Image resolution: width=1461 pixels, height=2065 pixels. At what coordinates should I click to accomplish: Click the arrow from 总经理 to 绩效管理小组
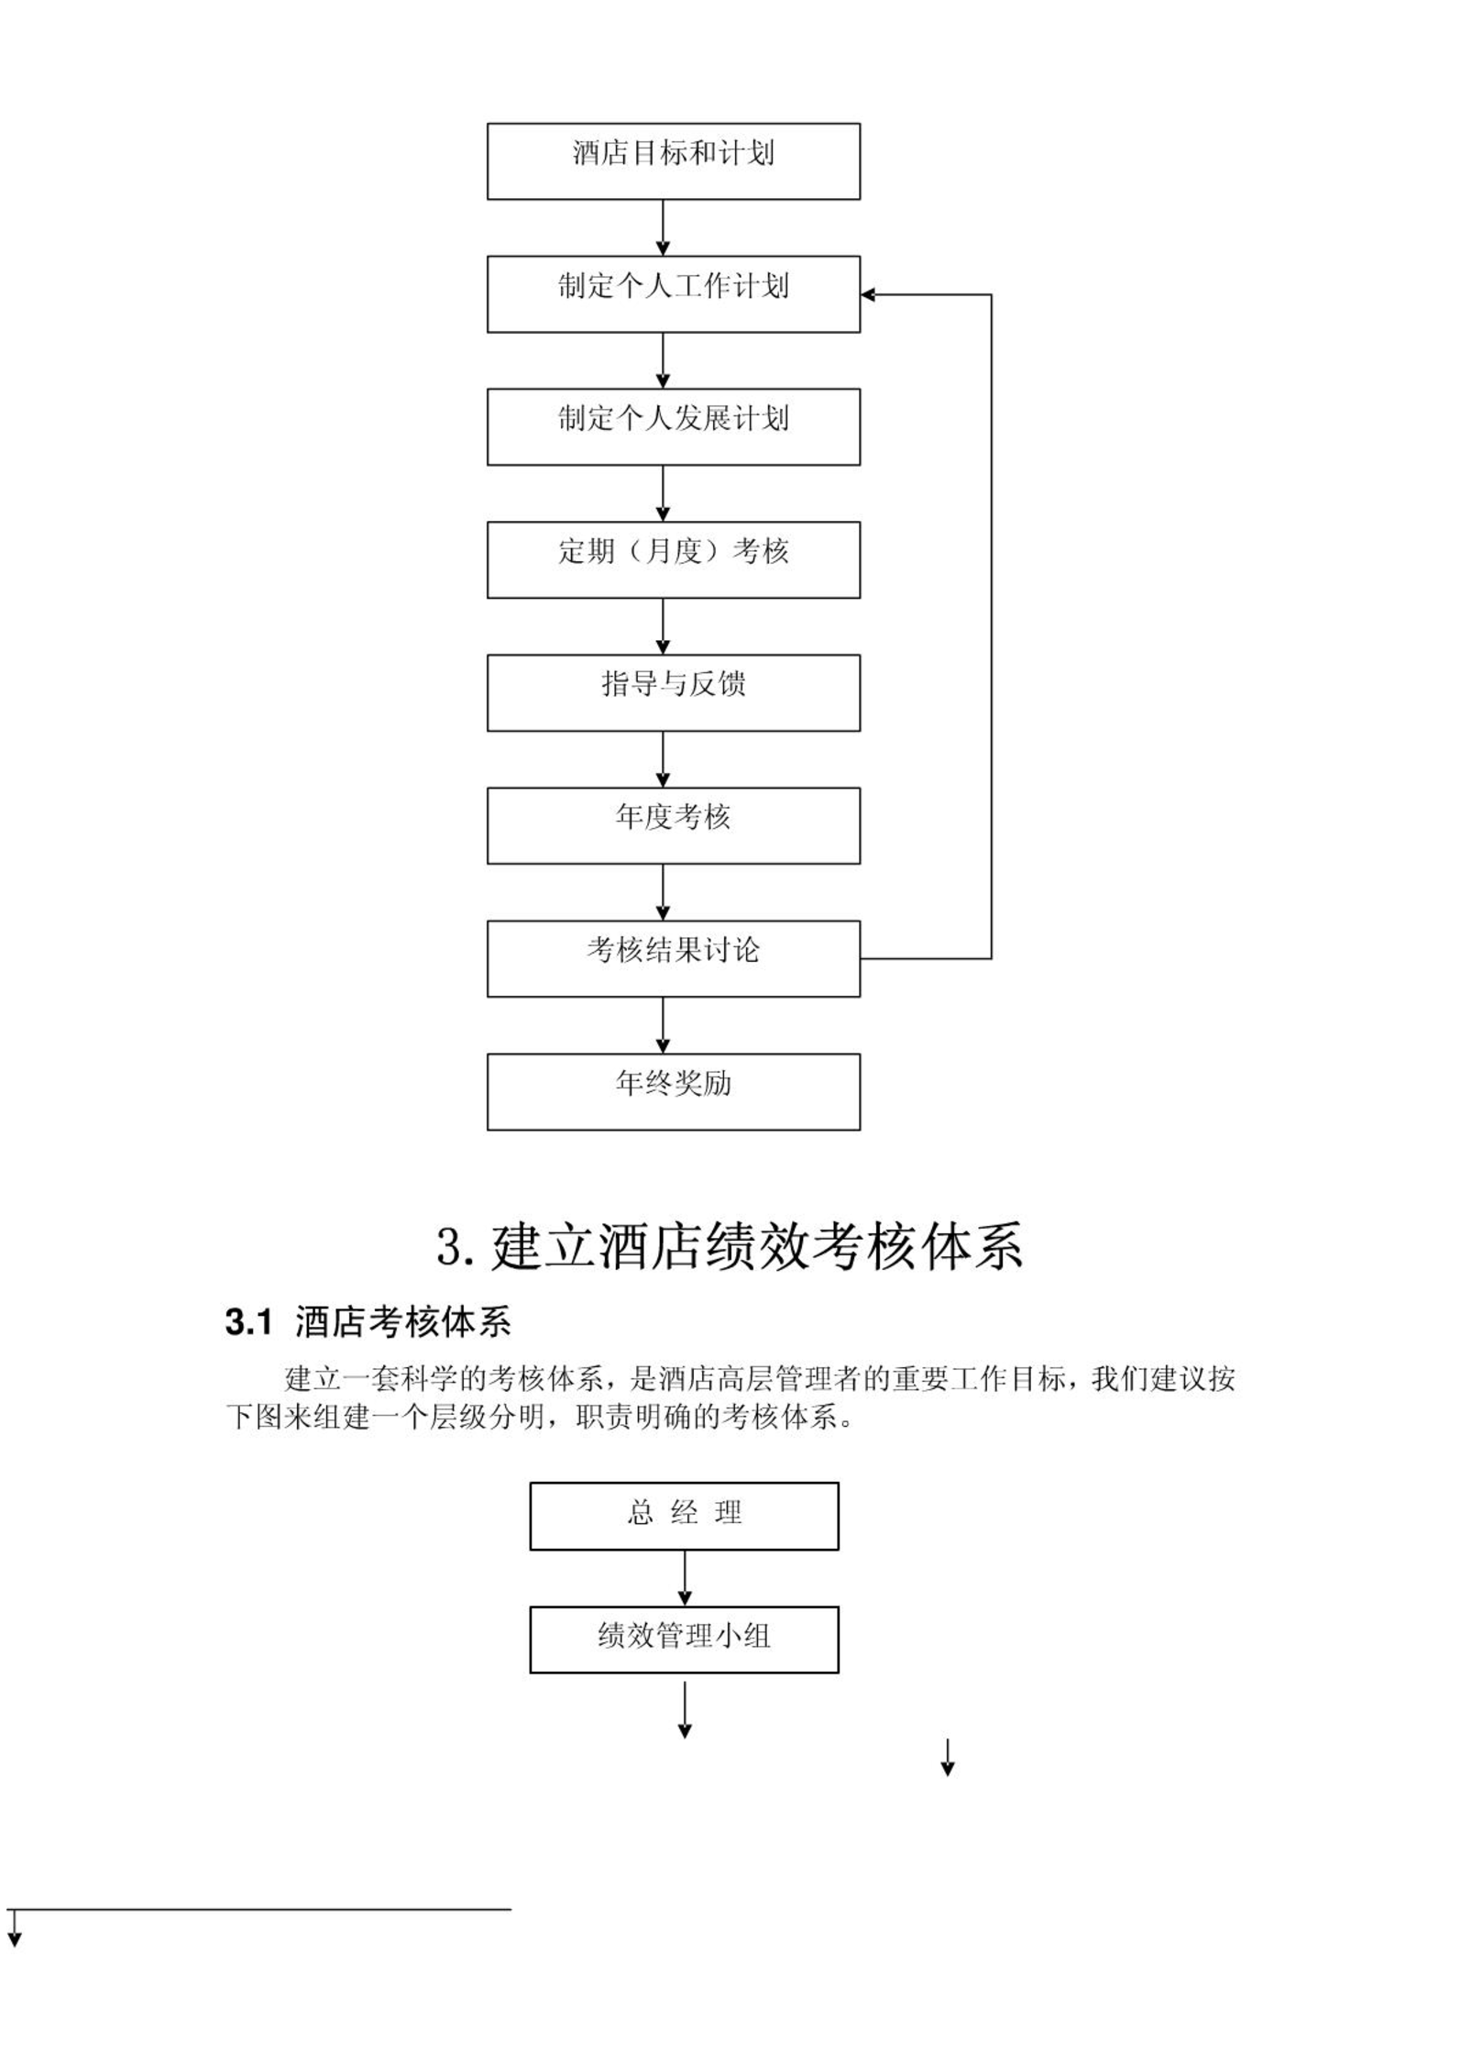click(x=684, y=1578)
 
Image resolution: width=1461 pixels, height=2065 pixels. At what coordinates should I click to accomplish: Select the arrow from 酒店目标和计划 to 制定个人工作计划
click(x=663, y=227)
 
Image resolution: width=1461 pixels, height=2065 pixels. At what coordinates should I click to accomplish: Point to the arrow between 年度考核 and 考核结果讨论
click(x=663, y=892)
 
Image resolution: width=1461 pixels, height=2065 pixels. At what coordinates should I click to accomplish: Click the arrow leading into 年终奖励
click(x=663, y=1025)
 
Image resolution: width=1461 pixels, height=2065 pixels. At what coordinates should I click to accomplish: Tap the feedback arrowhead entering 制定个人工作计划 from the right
click(x=868, y=294)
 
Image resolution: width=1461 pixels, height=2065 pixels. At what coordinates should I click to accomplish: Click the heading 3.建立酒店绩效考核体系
click(x=730, y=1247)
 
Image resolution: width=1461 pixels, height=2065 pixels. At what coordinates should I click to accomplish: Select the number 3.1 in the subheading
click(x=249, y=1323)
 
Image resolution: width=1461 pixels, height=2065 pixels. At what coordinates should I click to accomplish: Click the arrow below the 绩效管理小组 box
click(x=684, y=1710)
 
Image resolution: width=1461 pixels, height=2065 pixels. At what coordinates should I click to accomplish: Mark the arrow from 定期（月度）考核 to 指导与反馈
click(x=663, y=626)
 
